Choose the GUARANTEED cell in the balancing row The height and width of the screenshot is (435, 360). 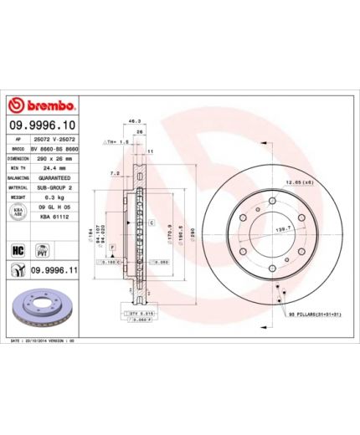[57, 178]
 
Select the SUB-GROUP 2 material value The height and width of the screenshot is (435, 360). [57, 188]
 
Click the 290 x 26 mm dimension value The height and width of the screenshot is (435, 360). [55, 157]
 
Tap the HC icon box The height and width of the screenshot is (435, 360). [17, 248]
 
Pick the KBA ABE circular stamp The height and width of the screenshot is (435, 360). [18, 215]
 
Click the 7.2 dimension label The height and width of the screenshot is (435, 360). [114, 173]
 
